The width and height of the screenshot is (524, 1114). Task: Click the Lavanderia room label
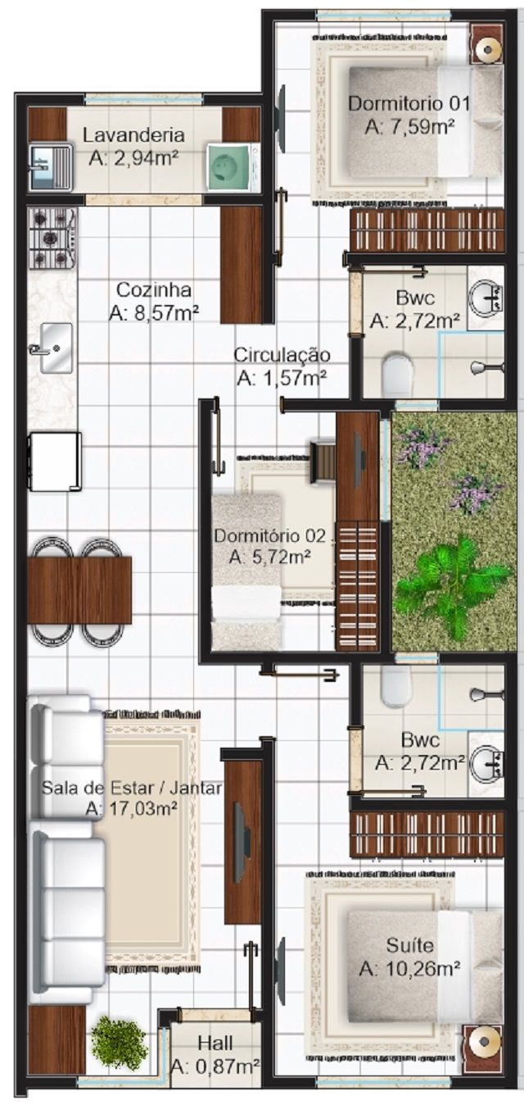133,134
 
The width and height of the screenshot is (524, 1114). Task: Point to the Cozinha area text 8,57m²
155,313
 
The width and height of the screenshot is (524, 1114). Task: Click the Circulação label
282,355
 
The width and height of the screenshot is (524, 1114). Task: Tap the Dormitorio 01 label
409,104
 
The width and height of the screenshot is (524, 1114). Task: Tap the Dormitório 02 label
270,536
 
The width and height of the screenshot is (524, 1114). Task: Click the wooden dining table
79,590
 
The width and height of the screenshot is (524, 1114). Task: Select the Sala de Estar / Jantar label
131,788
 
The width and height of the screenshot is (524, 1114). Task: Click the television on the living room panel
242,838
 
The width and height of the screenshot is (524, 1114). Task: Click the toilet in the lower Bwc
397,685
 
